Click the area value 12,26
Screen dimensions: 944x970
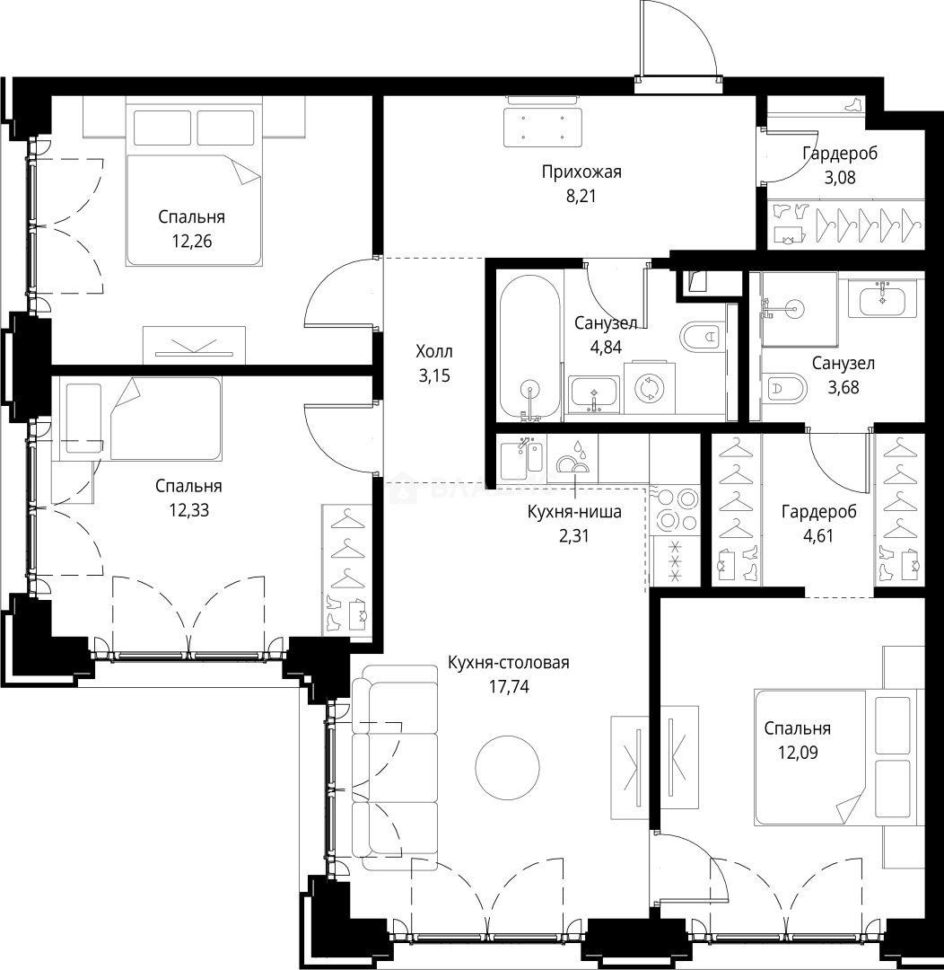click(192, 242)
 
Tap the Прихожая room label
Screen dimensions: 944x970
click(581, 172)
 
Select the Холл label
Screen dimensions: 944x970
click(434, 351)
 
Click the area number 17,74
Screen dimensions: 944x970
click(509, 687)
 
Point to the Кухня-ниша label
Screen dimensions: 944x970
click(574, 512)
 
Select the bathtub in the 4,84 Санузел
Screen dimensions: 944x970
click(529, 348)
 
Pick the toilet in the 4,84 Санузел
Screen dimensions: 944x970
click(703, 337)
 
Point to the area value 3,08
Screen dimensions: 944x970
click(840, 178)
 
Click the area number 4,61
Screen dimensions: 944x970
click(818, 535)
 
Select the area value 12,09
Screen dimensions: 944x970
click(798, 753)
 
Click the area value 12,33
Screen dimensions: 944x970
click(188, 510)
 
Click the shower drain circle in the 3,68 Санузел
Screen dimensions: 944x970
click(792, 308)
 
